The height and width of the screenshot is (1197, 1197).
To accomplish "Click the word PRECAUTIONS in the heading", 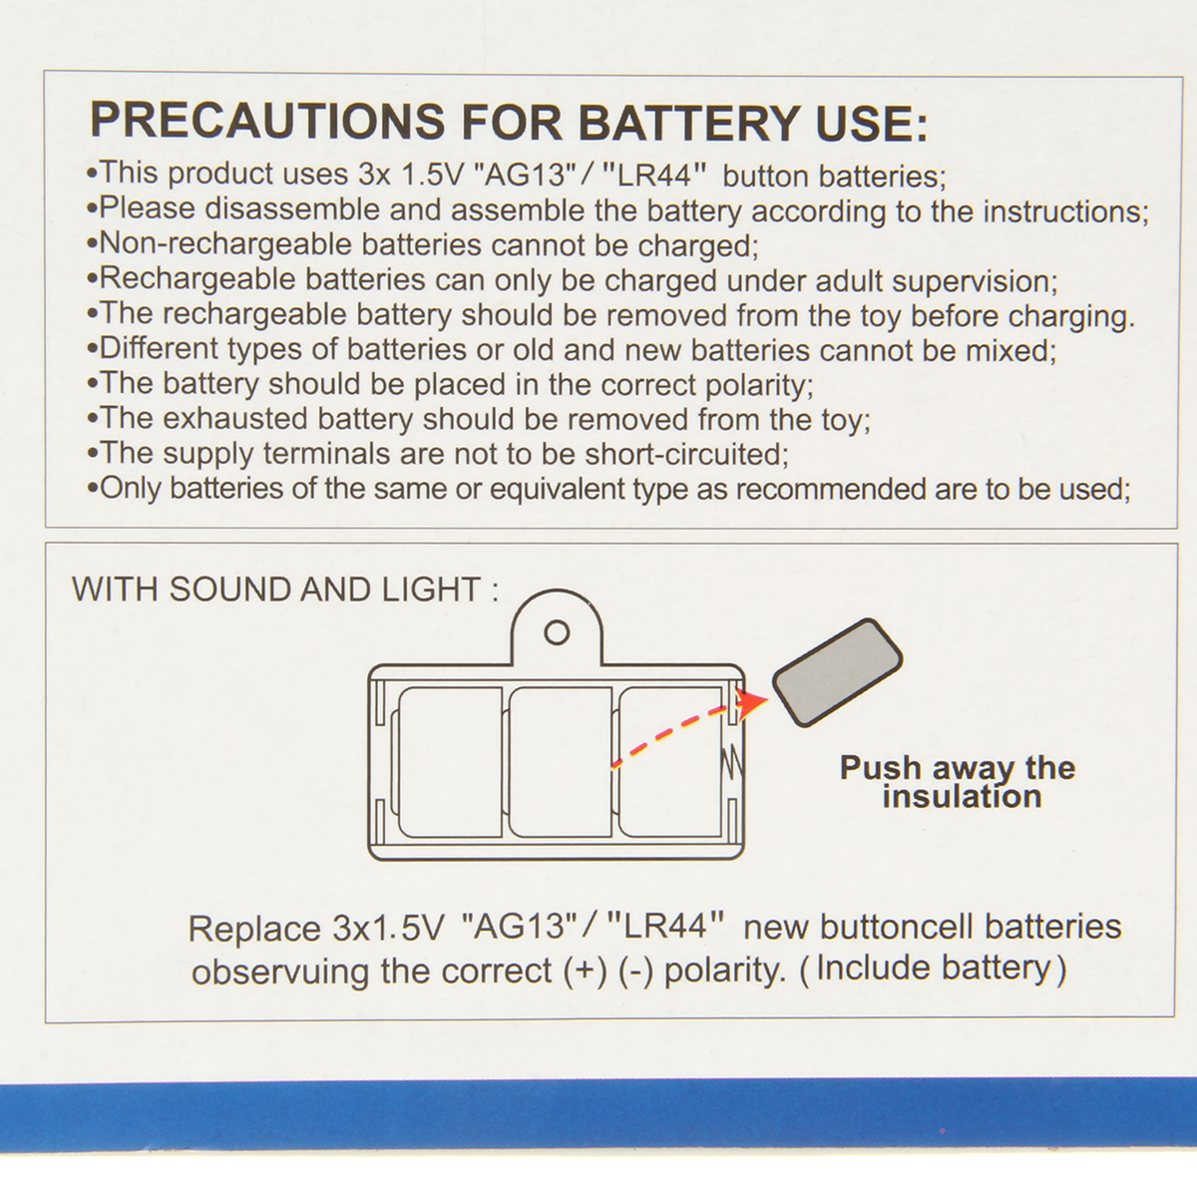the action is (267, 121).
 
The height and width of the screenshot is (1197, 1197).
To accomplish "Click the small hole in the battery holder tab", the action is (557, 633).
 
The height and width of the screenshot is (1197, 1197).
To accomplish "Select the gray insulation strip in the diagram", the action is (837, 672).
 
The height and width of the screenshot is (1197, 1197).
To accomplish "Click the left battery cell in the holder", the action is (449, 762).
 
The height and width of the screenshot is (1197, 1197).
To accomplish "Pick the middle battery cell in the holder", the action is (560, 762).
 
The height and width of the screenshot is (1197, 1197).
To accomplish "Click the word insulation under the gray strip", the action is (963, 797).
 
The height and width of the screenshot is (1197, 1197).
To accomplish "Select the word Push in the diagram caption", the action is (880, 768).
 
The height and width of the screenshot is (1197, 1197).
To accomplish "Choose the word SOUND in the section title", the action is (229, 589).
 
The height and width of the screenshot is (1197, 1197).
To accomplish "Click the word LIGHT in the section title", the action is (432, 589).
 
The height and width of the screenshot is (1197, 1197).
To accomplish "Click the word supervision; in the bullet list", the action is (975, 282).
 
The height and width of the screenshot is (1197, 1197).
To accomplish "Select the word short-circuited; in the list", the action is (686, 454).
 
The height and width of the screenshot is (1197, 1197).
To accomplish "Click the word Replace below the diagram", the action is (254, 930).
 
